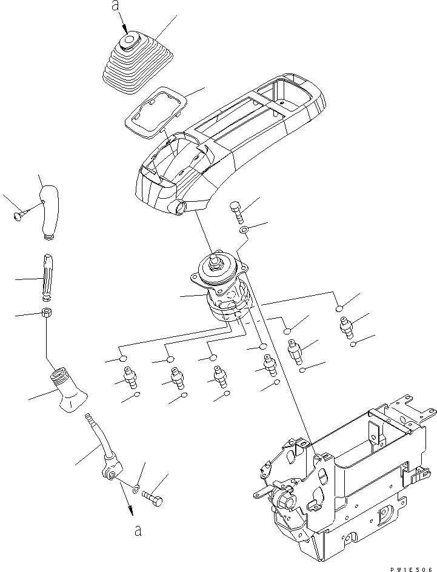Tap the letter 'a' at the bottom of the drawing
click(x=138, y=531)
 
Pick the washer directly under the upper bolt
click(x=243, y=230)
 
